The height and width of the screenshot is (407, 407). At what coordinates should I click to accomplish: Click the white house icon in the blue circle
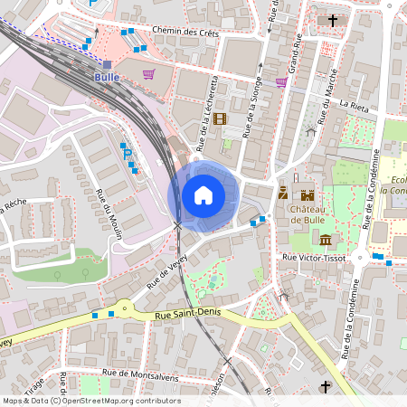click(203, 194)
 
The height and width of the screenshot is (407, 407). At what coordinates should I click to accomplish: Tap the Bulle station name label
click(107, 78)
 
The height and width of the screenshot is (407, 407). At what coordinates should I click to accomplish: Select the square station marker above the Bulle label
click(108, 65)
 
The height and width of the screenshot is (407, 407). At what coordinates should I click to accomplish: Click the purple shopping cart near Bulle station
click(148, 75)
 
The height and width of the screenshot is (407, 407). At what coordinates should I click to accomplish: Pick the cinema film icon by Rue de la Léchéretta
click(222, 118)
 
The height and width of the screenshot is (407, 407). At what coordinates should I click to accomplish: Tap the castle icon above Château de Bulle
click(308, 194)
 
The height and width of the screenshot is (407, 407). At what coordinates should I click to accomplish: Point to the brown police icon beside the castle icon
click(283, 193)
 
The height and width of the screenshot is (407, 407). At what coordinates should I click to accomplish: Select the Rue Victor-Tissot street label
click(316, 258)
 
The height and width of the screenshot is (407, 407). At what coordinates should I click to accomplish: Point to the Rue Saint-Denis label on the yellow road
click(187, 316)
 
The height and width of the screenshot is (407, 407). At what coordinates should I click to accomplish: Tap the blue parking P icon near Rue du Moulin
click(126, 154)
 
